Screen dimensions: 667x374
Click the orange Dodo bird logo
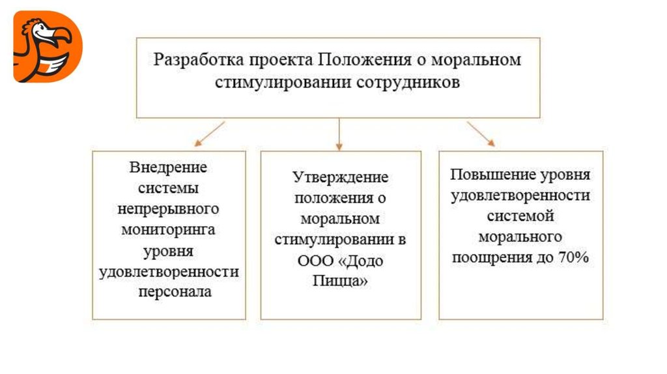point(48,46)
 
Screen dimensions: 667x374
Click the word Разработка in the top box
point(199,59)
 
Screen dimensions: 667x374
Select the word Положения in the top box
point(365,59)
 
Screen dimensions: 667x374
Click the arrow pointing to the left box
point(209,134)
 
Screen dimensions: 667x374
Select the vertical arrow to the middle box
point(339,134)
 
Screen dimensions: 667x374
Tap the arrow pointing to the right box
point(481,134)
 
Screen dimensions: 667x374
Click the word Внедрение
point(168,167)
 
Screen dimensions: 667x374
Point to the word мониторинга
point(168,230)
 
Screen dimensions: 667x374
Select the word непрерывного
point(168,209)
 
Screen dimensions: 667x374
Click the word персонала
point(175,293)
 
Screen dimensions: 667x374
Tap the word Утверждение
point(340,177)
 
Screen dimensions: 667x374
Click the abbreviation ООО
point(315,261)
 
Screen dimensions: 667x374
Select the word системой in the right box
point(520,216)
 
